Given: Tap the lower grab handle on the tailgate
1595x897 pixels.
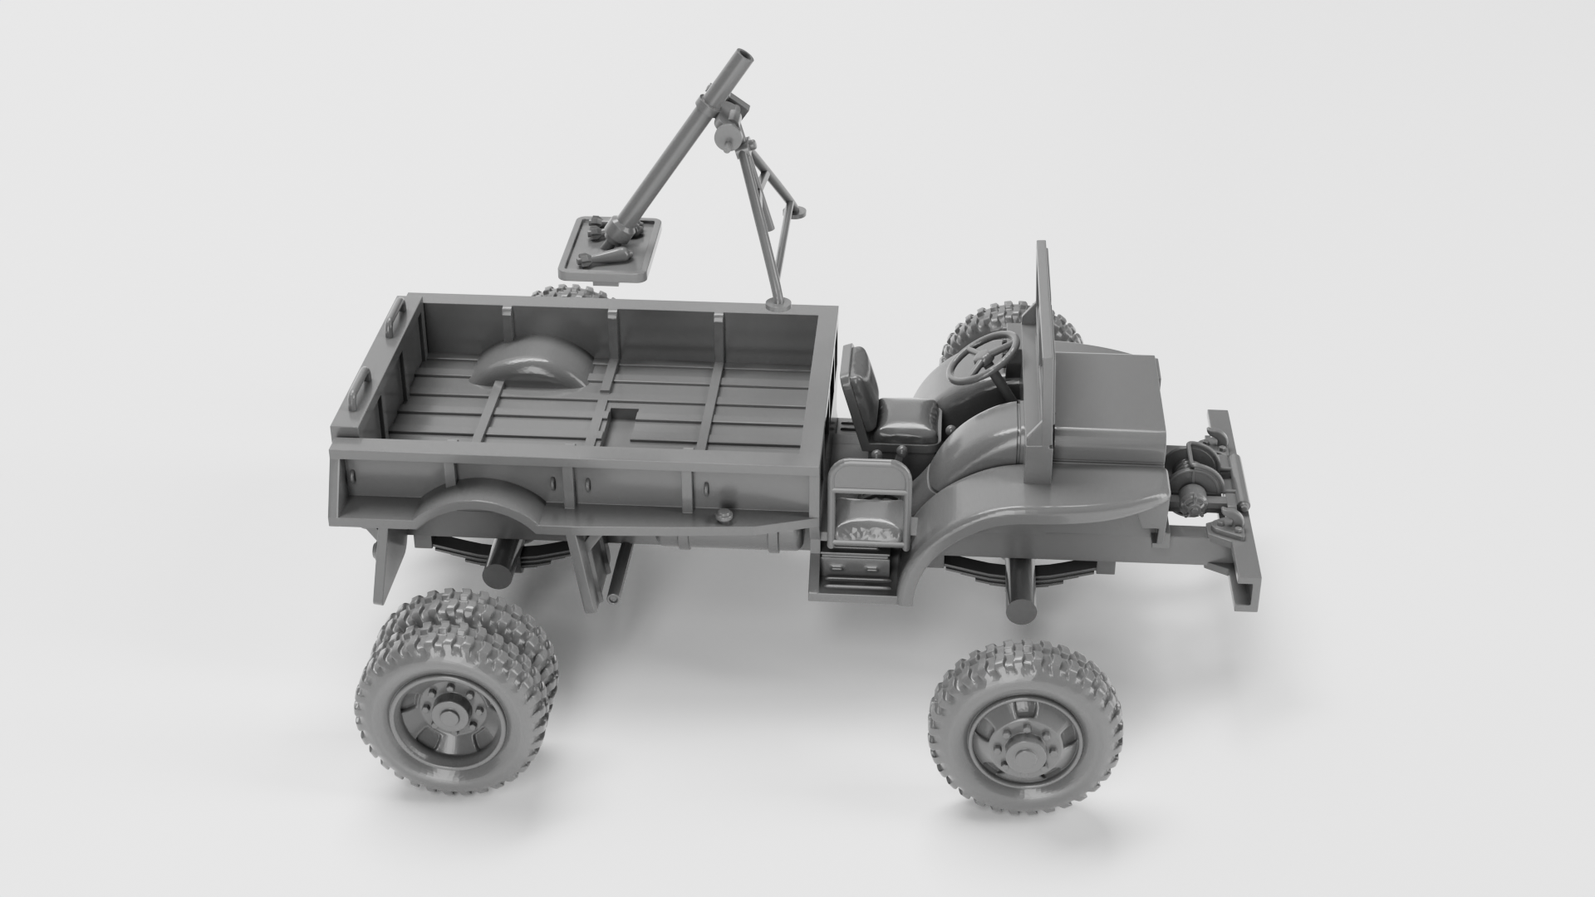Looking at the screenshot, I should coord(360,385).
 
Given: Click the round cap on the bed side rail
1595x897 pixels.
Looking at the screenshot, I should coord(724,515).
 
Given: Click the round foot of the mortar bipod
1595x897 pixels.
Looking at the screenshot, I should coord(778,303).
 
